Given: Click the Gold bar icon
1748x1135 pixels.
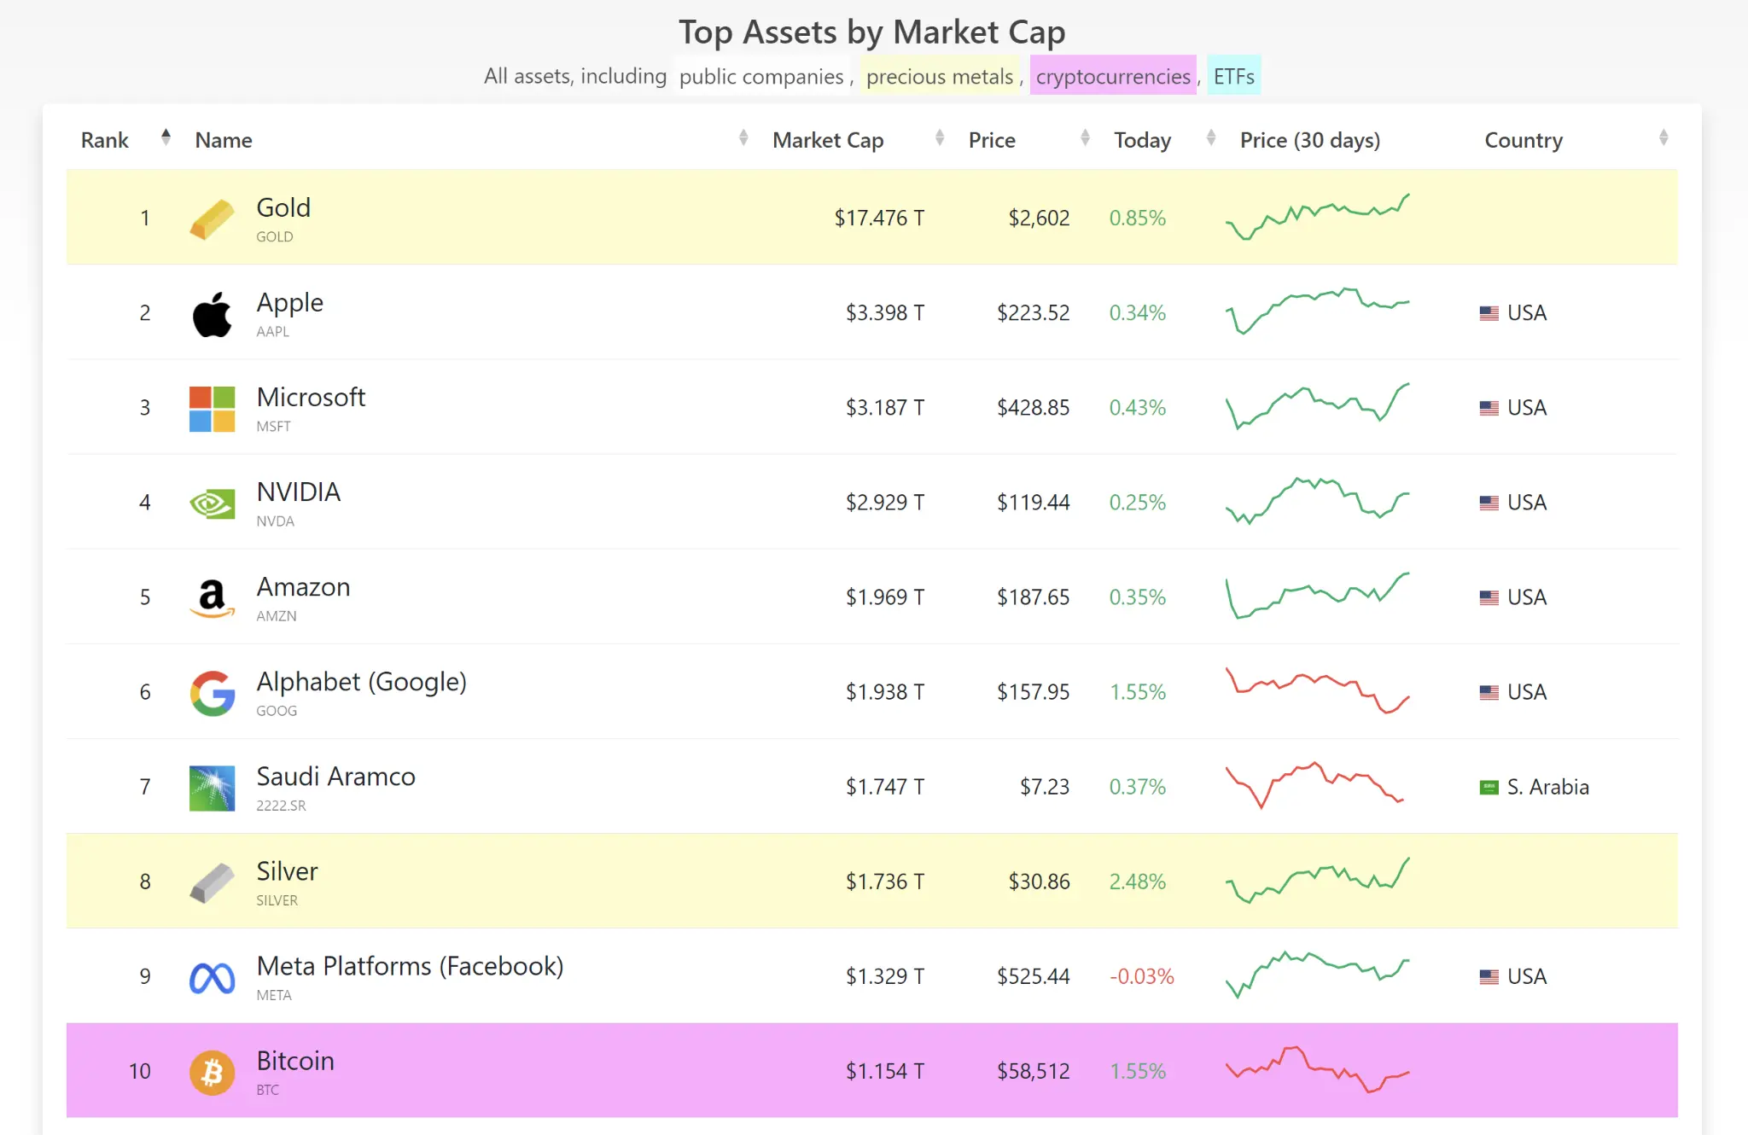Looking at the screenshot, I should tap(212, 218).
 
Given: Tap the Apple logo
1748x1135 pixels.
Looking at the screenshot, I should tap(212, 314).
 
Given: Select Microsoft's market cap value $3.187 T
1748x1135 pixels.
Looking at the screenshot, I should tap(884, 408).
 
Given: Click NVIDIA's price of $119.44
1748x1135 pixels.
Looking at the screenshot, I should tap(1033, 503).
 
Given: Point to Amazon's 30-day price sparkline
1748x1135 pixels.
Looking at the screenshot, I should tap(1317, 596).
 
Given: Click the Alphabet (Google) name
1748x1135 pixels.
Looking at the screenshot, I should tap(361, 682).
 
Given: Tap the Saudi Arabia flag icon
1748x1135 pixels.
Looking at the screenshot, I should tap(1489, 787).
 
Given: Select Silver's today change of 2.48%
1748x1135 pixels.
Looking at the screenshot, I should tap(1137, 882).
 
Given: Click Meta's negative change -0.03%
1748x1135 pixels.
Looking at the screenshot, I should tap(1141, 976).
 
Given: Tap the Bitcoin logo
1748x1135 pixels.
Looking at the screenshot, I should tap(212, 1072).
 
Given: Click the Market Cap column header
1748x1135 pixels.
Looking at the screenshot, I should tap(827, 140).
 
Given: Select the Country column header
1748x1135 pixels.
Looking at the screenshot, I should tap(1523, 140).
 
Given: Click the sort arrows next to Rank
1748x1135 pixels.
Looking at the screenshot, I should tap(166, 137).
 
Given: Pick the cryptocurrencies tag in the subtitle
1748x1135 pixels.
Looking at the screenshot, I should tap(1112, 77).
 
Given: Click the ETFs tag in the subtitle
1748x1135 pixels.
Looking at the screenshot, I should tap(1233, 77).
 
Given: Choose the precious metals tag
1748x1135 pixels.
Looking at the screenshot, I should tap(939, 77).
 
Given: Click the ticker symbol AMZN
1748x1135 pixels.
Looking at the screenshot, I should tap(277, 616).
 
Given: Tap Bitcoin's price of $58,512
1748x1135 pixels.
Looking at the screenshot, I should tap(1033, 1071).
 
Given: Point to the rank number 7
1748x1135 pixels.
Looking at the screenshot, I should tap(145, 787).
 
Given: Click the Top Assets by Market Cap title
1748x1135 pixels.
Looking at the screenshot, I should tap(871, 32).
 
